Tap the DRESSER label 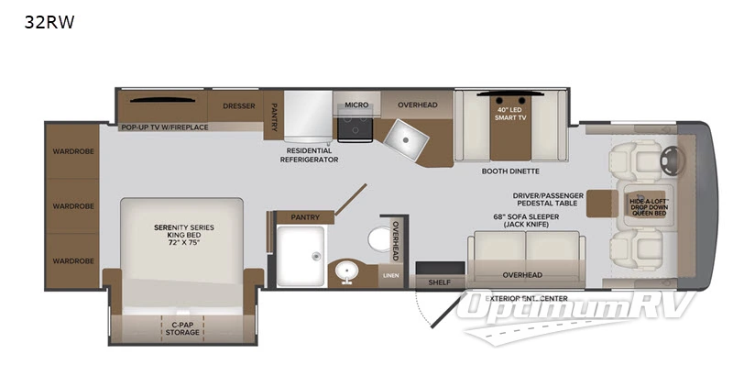[x=237, y=105]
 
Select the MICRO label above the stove [x=356, y=105]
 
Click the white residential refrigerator [x=305, y=116]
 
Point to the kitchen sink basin [x=405, y=139]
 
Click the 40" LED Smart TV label [x=511, y=115]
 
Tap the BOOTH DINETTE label [x=510, y=171]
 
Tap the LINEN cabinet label [x=390, y=274]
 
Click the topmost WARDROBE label [x=73, y=151]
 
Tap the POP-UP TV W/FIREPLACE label [x=165, y=127]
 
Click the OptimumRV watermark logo [x=581, y=309]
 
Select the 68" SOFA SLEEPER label [x=523, y=220]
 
